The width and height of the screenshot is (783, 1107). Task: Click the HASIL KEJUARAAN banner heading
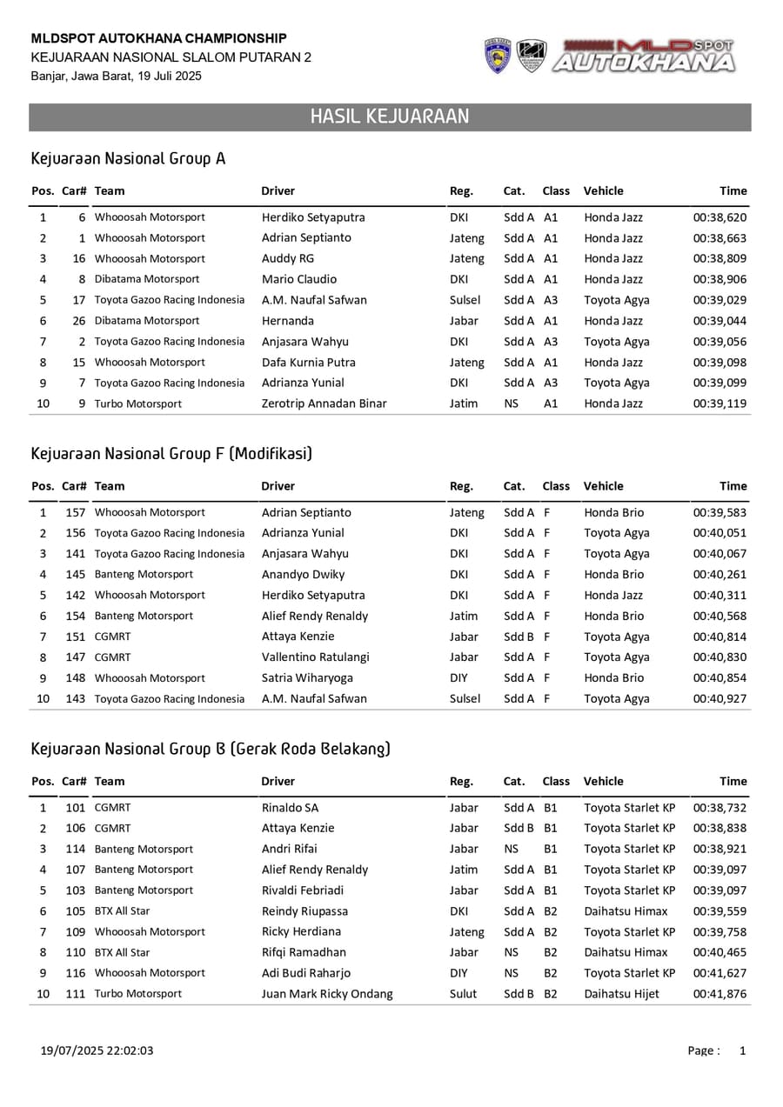(x=390, y=117)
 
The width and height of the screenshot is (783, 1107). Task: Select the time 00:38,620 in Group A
(x=719, y=217)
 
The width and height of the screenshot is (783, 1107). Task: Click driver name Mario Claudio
(x=299, y=279)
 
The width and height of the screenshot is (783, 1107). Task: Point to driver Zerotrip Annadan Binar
(x=325, y=403)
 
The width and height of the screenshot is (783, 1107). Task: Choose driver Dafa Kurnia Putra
(x=309, y=363)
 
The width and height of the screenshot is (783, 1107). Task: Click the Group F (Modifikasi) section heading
(x=171, y=454)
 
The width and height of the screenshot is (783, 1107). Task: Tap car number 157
(x=76, y=512)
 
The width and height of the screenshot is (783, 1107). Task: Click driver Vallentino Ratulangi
(x=315, y=657)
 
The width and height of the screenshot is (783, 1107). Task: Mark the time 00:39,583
(x=719, y=512)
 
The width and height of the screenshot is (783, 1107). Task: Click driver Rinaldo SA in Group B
(x=290, y=808)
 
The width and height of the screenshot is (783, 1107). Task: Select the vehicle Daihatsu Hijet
(x=621, y=994)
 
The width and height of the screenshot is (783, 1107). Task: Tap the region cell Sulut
(x=463, y=994)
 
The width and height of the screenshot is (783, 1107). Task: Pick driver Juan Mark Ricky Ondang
(x=327, y=994)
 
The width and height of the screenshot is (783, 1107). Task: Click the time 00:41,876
(x=719, y=994)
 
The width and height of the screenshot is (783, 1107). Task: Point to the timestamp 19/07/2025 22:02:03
(x=97, y=1050)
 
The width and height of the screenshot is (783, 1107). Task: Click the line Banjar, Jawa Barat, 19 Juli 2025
(x=117, y=77)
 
